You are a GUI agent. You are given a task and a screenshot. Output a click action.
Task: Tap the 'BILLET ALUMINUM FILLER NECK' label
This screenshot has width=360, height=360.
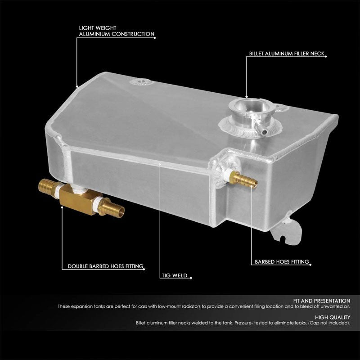pos(287,53)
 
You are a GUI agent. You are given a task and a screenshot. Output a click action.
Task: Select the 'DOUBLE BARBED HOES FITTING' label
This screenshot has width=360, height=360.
pos(106,266)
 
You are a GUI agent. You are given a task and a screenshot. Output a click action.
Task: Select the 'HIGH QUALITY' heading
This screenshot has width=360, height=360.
pos(333,317)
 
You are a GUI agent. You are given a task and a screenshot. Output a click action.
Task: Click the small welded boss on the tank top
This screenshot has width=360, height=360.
pos(135,82)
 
